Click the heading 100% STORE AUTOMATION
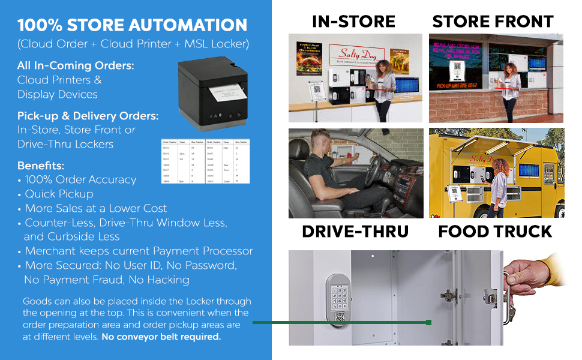pyautogui.click(x=132, y=25)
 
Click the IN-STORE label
pyautogui.click(x=353, y=22)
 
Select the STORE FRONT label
pyautogui.click(x=493, y=22)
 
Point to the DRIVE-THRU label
pyautogui.click(x=355, y=232)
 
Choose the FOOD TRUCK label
pyautogui.click(x=495, y=232)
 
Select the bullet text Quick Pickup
pyautogui.click(x=59, y=194)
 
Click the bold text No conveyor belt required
pyautogui.click(x=161, y=337)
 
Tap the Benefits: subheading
pyautogui.click(x=41, y=165)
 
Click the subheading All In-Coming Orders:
pyautogui.click(x=76, y=65)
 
